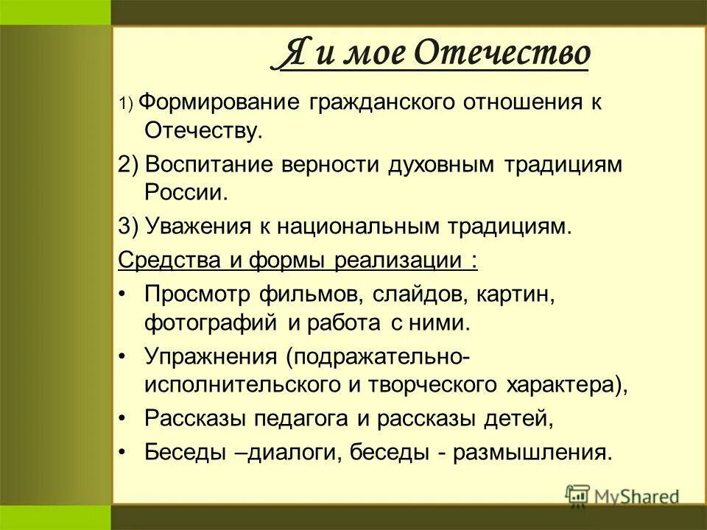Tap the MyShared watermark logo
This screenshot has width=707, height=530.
(x=622, y=495)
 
